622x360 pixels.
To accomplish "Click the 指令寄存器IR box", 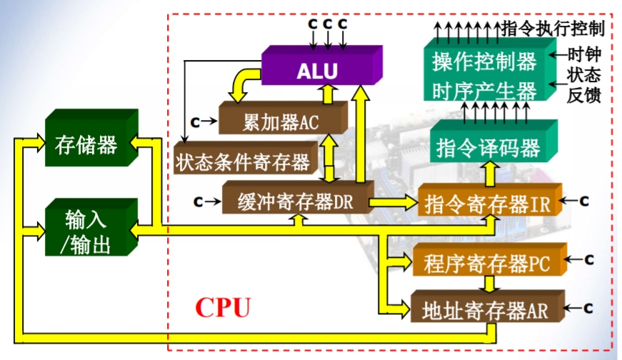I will pos(486,205).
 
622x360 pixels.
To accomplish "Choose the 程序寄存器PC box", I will pos(486,264).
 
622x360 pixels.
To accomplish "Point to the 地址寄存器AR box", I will pos(485,309).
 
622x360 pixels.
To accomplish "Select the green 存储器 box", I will pos(86,145).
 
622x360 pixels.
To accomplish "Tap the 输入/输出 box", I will pos(86,230).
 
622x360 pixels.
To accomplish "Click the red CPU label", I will pos(224,307).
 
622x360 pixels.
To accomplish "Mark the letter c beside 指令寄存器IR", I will pos(583,201).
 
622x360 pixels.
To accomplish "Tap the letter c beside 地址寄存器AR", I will pos(590,308).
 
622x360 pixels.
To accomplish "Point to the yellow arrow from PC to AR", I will pos(488,284).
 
